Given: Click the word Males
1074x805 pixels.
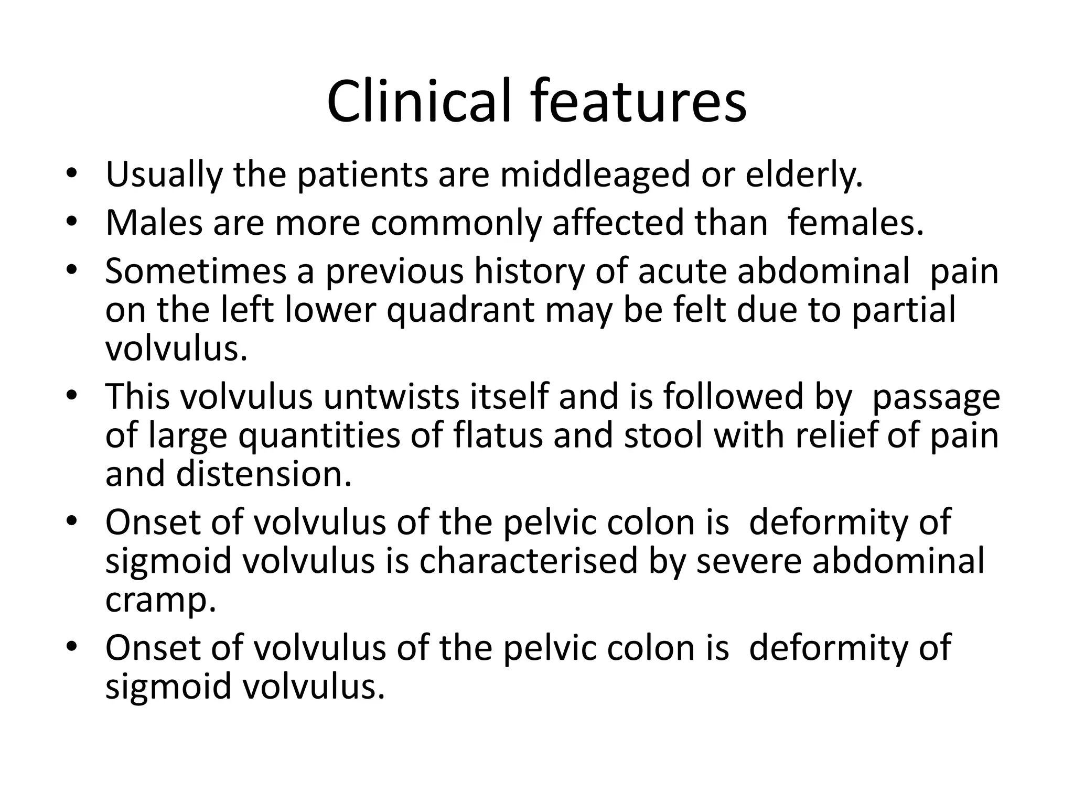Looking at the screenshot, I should (154, 223).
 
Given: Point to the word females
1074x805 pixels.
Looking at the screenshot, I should (855, 223).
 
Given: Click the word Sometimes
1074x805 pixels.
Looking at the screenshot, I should (196, 271).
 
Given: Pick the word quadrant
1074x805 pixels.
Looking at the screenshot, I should (461, 310).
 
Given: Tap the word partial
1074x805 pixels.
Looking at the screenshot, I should (903, 310).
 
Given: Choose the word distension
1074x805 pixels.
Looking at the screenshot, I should (263, 474).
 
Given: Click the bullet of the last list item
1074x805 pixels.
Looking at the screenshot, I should (72, 647).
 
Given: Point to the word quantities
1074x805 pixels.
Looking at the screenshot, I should (319, 436).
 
